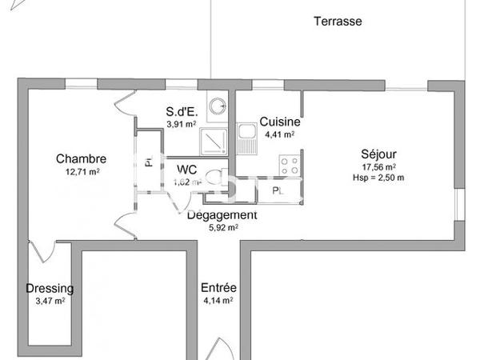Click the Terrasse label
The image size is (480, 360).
338,22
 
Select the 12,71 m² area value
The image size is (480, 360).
82,171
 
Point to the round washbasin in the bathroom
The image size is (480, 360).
215,104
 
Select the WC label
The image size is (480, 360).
187,169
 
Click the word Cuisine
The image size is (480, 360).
279,122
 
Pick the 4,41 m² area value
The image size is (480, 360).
280,134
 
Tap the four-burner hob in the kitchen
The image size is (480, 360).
289,166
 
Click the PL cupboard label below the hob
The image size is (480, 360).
278,191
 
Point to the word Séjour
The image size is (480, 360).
379,154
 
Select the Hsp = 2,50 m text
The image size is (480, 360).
378,178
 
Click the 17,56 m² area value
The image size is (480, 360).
379,166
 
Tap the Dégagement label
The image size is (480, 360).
222,215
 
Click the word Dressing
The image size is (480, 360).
50,289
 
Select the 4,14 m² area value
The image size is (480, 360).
218,301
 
